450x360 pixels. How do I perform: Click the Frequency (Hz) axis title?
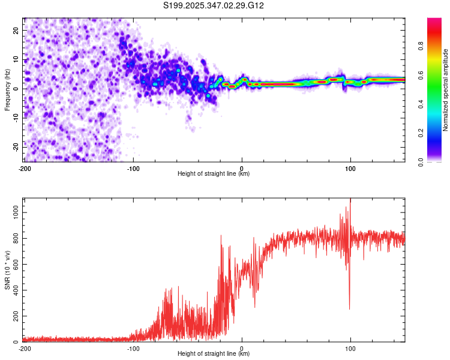[x=7, y=90]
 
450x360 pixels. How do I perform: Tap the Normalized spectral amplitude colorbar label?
[x=446, y=90]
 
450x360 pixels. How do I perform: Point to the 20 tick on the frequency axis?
[x=17, y=30]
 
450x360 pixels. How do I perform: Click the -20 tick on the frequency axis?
[x=16, y=146]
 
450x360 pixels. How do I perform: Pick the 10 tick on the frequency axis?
[x=17, y=59]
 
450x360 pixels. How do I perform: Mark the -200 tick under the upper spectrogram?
[x=25, y=168]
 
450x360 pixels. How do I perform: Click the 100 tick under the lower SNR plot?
[x=350, y=348]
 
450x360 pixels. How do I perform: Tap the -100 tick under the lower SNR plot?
[x=133, y=348]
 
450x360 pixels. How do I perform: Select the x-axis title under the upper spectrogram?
[x=214, y=174]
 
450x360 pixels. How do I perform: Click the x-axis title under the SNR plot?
[x=214, y=354]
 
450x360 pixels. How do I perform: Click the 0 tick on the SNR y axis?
[x=19, y=342]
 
